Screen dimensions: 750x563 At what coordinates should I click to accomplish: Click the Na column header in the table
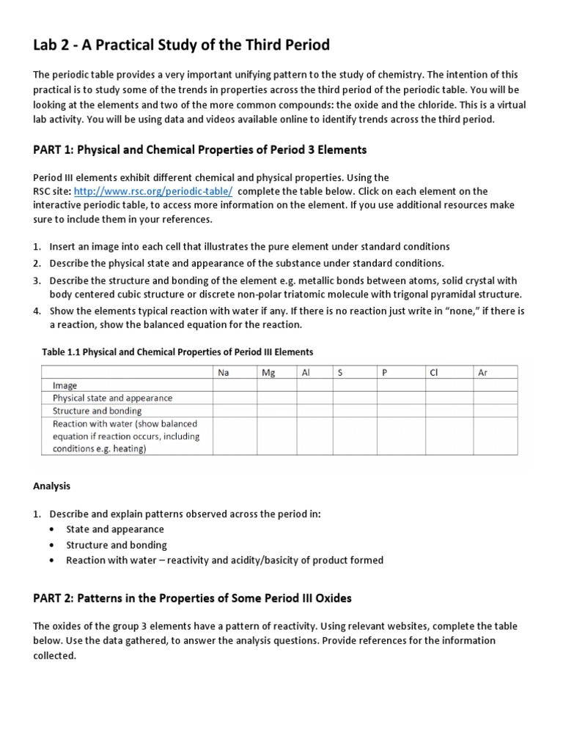point(224,373)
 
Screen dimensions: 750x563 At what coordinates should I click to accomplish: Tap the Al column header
point(306,373)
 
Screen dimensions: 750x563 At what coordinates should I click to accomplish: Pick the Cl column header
point(433,373)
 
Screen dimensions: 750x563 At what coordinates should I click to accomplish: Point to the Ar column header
point(482,373)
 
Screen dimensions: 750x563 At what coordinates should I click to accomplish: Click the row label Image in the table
point(65,385)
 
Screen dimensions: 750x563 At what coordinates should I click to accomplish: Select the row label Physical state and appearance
point(112,398)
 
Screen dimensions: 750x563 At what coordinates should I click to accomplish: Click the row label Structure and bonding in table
point(97,411)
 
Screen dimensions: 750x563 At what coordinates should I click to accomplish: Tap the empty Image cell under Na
point(235,385)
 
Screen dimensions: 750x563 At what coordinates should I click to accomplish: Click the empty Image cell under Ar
point(495,385)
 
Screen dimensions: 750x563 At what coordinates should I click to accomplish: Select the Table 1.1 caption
point(177,352)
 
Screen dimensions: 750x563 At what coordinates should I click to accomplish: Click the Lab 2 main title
point(181,45)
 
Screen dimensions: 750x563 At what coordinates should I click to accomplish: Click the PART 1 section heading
point(199,150)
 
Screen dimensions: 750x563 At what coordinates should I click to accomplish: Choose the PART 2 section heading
point(192,598)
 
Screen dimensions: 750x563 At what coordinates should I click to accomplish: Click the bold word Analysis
point(52,486)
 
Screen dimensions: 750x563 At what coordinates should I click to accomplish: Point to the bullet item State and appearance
point(115,529)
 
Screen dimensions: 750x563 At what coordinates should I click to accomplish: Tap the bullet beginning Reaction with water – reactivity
point(224,560)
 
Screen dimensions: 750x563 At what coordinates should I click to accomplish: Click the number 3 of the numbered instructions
point(37,281)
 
